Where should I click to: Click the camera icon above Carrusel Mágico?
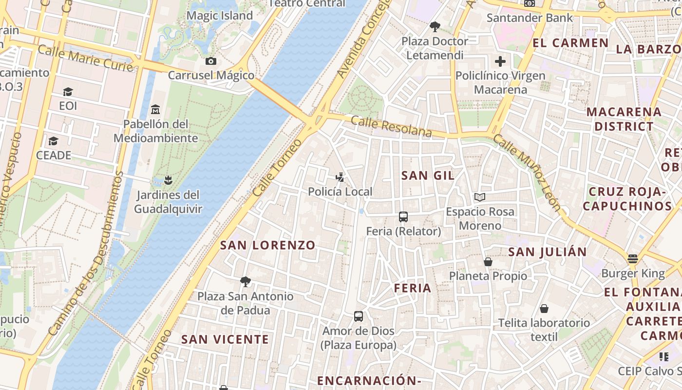(211, 61)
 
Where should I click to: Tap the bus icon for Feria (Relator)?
(403, 217)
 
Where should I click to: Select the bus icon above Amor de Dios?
(359, 316)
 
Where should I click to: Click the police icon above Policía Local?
(340, 177)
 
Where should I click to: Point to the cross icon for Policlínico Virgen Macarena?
(500, 62)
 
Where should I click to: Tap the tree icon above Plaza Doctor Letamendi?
(435, 27)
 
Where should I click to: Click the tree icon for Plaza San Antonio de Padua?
(246, 282)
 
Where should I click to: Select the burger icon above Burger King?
(633, 259)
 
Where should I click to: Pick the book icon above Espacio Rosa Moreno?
(480, 197)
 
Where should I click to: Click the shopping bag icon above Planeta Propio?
(488, 262)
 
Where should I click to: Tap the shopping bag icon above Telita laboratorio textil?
(544, 309)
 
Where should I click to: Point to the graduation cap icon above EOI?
(68, 92)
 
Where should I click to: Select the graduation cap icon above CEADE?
(54, 141)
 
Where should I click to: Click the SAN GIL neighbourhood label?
(428, 175)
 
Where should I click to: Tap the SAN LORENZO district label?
(268, 245)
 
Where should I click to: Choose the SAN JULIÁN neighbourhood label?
(548, 252)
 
